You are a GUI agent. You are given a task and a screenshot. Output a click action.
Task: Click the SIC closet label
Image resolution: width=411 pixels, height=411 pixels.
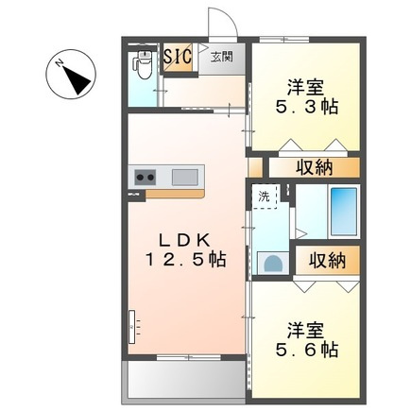tap(178, 57)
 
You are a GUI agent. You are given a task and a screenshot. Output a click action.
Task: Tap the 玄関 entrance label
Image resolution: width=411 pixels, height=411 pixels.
tap(221, 57)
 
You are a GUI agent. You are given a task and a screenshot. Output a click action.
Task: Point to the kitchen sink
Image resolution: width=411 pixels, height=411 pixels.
tap(185, 177)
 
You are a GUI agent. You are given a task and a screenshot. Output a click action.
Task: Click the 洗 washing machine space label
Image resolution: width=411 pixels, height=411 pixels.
tap(265, 197)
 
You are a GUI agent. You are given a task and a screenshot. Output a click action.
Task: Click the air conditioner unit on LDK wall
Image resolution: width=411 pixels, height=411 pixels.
tap(134, 327)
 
